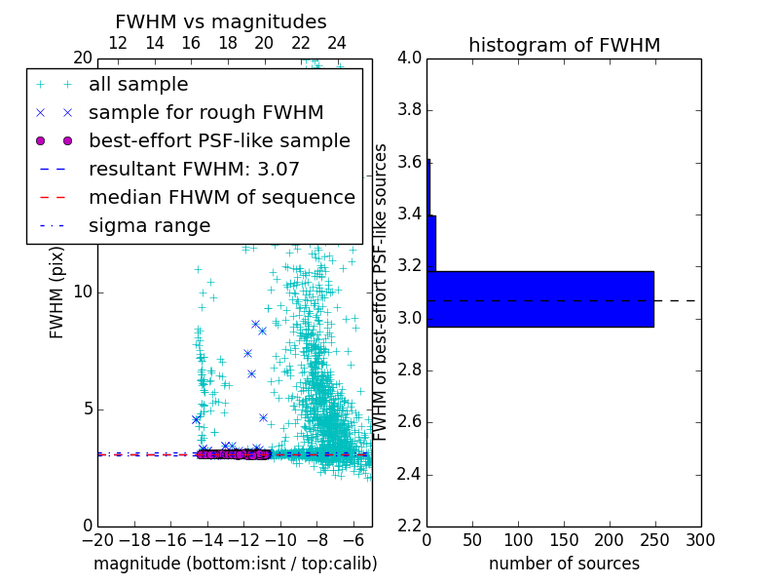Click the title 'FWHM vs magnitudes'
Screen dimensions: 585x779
pos(221,21)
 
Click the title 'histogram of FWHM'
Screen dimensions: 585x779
pos(564,45)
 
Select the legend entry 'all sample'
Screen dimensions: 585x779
pos(138,85)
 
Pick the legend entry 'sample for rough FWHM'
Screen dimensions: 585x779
pos(205,113)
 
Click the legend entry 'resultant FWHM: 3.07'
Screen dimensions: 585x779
pos(194,170)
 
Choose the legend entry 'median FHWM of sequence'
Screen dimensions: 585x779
pos(221,198)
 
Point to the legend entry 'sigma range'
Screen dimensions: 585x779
pos(149,226)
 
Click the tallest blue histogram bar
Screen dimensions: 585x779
pos(539,298)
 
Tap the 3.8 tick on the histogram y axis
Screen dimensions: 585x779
pos(409,110)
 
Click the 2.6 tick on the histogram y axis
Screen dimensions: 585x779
pos(409,422)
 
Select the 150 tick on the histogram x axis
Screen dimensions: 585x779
pos(564,539)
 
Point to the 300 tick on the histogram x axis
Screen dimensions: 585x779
pos(701,539)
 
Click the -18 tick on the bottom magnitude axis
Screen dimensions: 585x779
pos(134,539)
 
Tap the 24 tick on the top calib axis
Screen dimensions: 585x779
pos(337,43)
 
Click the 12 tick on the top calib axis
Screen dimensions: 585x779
pos(118,43)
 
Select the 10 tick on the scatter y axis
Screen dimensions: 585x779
pos(82,292)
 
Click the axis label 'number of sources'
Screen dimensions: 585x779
pos(564,564)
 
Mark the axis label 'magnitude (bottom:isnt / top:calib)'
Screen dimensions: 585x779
pos(235,564)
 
